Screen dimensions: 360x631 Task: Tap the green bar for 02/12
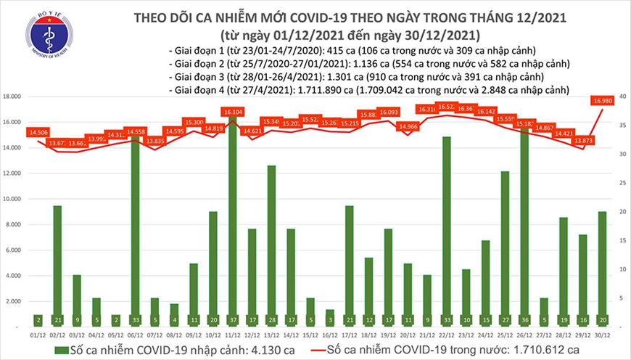tap(57, 265)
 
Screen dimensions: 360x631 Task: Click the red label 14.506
tap(39, 132)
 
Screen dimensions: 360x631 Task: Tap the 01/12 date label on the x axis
tap(38, 335)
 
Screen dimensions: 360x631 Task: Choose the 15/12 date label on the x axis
tap(310, 335)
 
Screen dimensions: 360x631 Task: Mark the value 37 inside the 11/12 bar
tap(231, 319)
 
